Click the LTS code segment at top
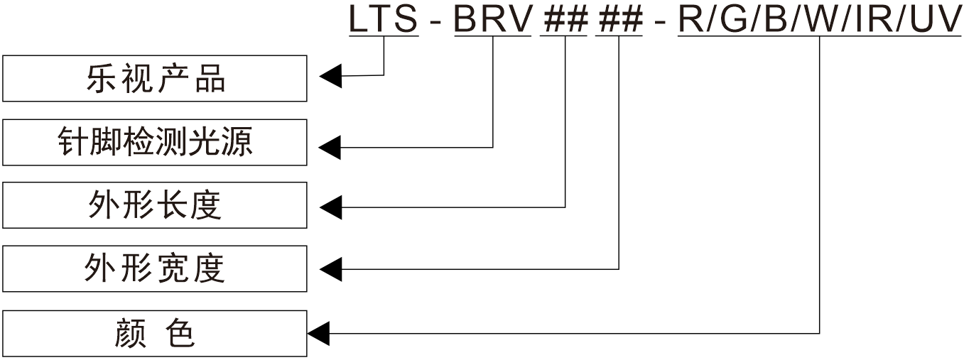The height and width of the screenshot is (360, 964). click(383, 19)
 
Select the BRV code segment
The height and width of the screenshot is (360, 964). click(492, 19)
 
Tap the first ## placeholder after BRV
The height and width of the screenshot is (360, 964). click(565, 19)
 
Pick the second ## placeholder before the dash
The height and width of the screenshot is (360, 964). click(619, 19)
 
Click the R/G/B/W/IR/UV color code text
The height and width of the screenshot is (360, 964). click(820, 19)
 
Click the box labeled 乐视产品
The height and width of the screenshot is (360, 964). click(155, 79)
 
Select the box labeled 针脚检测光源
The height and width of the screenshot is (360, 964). click(155, 143)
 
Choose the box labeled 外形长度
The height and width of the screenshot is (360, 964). click(155, 205)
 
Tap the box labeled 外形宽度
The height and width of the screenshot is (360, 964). click(155, 268)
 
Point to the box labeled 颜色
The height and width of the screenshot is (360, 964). click(155, 333)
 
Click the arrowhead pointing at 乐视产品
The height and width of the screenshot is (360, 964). click(330, 75)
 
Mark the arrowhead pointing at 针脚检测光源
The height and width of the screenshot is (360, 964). click(330, 148)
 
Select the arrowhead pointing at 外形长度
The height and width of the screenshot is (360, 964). click(330, 207)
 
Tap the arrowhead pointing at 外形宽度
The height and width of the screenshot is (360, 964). click(330, 269)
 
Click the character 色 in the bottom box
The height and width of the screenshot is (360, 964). click(181, 333)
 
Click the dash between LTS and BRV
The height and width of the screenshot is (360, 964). click(435, 22)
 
